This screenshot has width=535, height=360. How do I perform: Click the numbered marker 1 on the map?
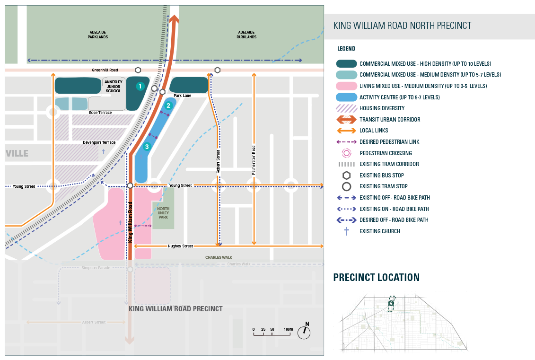(x=140, y=86)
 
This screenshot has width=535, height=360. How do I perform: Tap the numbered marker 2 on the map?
(x=168, y=105)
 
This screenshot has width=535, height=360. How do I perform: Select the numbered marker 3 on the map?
(x=147, y=147)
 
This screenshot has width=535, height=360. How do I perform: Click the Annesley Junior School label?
(x=114, y=86)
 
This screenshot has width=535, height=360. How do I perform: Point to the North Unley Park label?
(x=163, y=212)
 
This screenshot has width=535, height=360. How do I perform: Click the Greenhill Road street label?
(x=105, y=70)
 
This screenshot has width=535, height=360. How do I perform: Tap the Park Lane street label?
(x=182, y=96)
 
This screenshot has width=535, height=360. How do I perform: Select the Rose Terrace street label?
(x=100, y=113)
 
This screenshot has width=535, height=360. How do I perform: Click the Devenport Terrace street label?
(x=99, y=142)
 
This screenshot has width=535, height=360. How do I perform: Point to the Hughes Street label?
(x=181, y=246)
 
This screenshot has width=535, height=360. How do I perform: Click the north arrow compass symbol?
(x=304, y=332)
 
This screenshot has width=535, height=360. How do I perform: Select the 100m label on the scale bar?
(x=288, y=329)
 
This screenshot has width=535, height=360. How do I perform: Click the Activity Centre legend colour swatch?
(x=346, y=97)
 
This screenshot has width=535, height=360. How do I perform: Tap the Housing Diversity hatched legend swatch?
(x=346, y=108)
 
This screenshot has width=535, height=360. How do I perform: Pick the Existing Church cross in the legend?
(x=346, y=231)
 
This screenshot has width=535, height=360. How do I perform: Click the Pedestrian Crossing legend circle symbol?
(x=346, y=153)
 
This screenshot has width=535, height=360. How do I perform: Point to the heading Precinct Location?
(x=376, y=278)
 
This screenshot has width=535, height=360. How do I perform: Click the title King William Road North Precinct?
(x=402, y=26)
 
